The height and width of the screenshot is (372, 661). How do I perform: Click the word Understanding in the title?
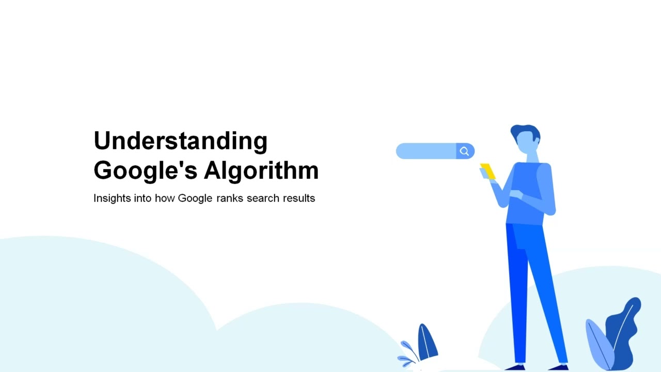coord(180,141)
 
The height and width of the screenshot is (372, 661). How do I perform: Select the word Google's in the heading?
coord(145,171)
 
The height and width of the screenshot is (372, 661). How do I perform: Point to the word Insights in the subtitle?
coord(112,198)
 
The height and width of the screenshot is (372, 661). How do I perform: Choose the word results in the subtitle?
coord(299,198)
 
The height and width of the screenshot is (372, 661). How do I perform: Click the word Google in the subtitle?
coord(195,198)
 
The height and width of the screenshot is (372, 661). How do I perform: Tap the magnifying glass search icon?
coord(465,151)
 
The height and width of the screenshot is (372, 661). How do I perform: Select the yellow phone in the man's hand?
coord(488,171)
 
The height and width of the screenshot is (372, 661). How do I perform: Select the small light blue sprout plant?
coord(408,352)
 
